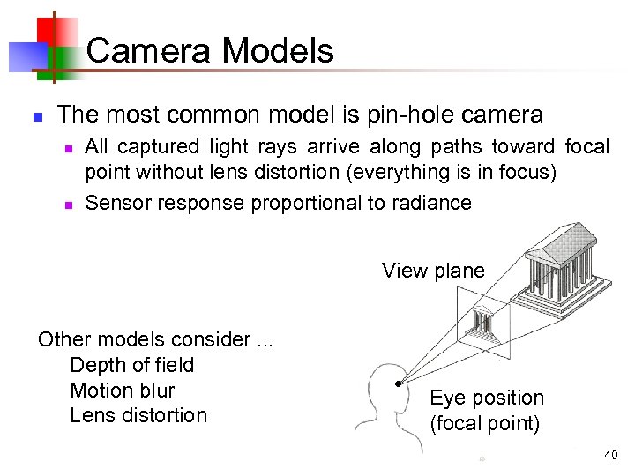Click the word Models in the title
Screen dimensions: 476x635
pyautogui.click(x=278, y=50)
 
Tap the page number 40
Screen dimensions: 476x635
pyautogui.click(x=611, y=456)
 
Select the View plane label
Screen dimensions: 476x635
pyautogui.click(x=433, y=271)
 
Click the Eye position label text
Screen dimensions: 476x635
pyautogui.click(x=486, y=398)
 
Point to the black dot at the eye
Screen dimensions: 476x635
pyautogui.click(x=399, y=384)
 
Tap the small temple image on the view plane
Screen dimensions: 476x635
pyautogui.click(x=484, y=323)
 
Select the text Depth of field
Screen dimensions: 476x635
pyautogui.click(x=131, y=365)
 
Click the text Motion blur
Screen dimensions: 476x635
pyautogui.click(x=122, y=390)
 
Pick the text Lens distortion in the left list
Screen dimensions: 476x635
pyautogui.click(x=138, y=415)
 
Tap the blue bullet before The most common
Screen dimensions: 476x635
pyautogui.click(x=36, y=116)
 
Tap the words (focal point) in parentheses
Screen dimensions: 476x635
pyautogui.click(x=484, y=423)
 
